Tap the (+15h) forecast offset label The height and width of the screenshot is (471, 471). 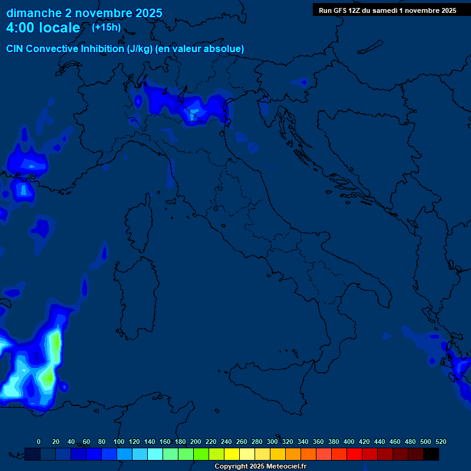click(x=106, y=28)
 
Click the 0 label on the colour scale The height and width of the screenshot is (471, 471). click(x=39, y=442)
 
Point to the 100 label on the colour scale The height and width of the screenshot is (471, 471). click(x=118, y=442)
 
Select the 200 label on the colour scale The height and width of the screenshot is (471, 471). click(x=195, y=442)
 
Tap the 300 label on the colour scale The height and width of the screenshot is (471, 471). click(x=272, y=442)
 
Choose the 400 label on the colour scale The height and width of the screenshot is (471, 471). click(x=348, y=442)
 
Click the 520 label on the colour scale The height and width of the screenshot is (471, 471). click(x=440, y=442)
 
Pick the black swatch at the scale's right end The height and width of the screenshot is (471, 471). click(x=431, y=454)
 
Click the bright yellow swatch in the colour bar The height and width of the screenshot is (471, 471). click(x=232, y=454)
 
